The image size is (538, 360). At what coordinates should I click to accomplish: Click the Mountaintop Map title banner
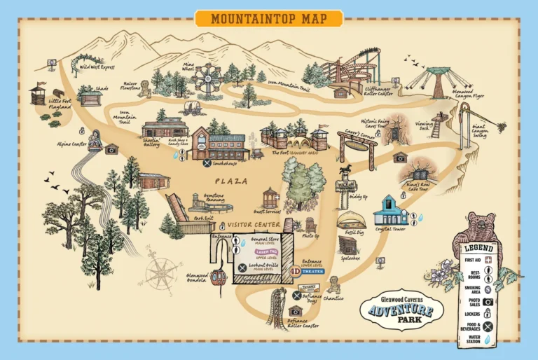click(268, 18)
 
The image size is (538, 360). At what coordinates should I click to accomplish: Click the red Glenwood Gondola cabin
click(219, 275)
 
